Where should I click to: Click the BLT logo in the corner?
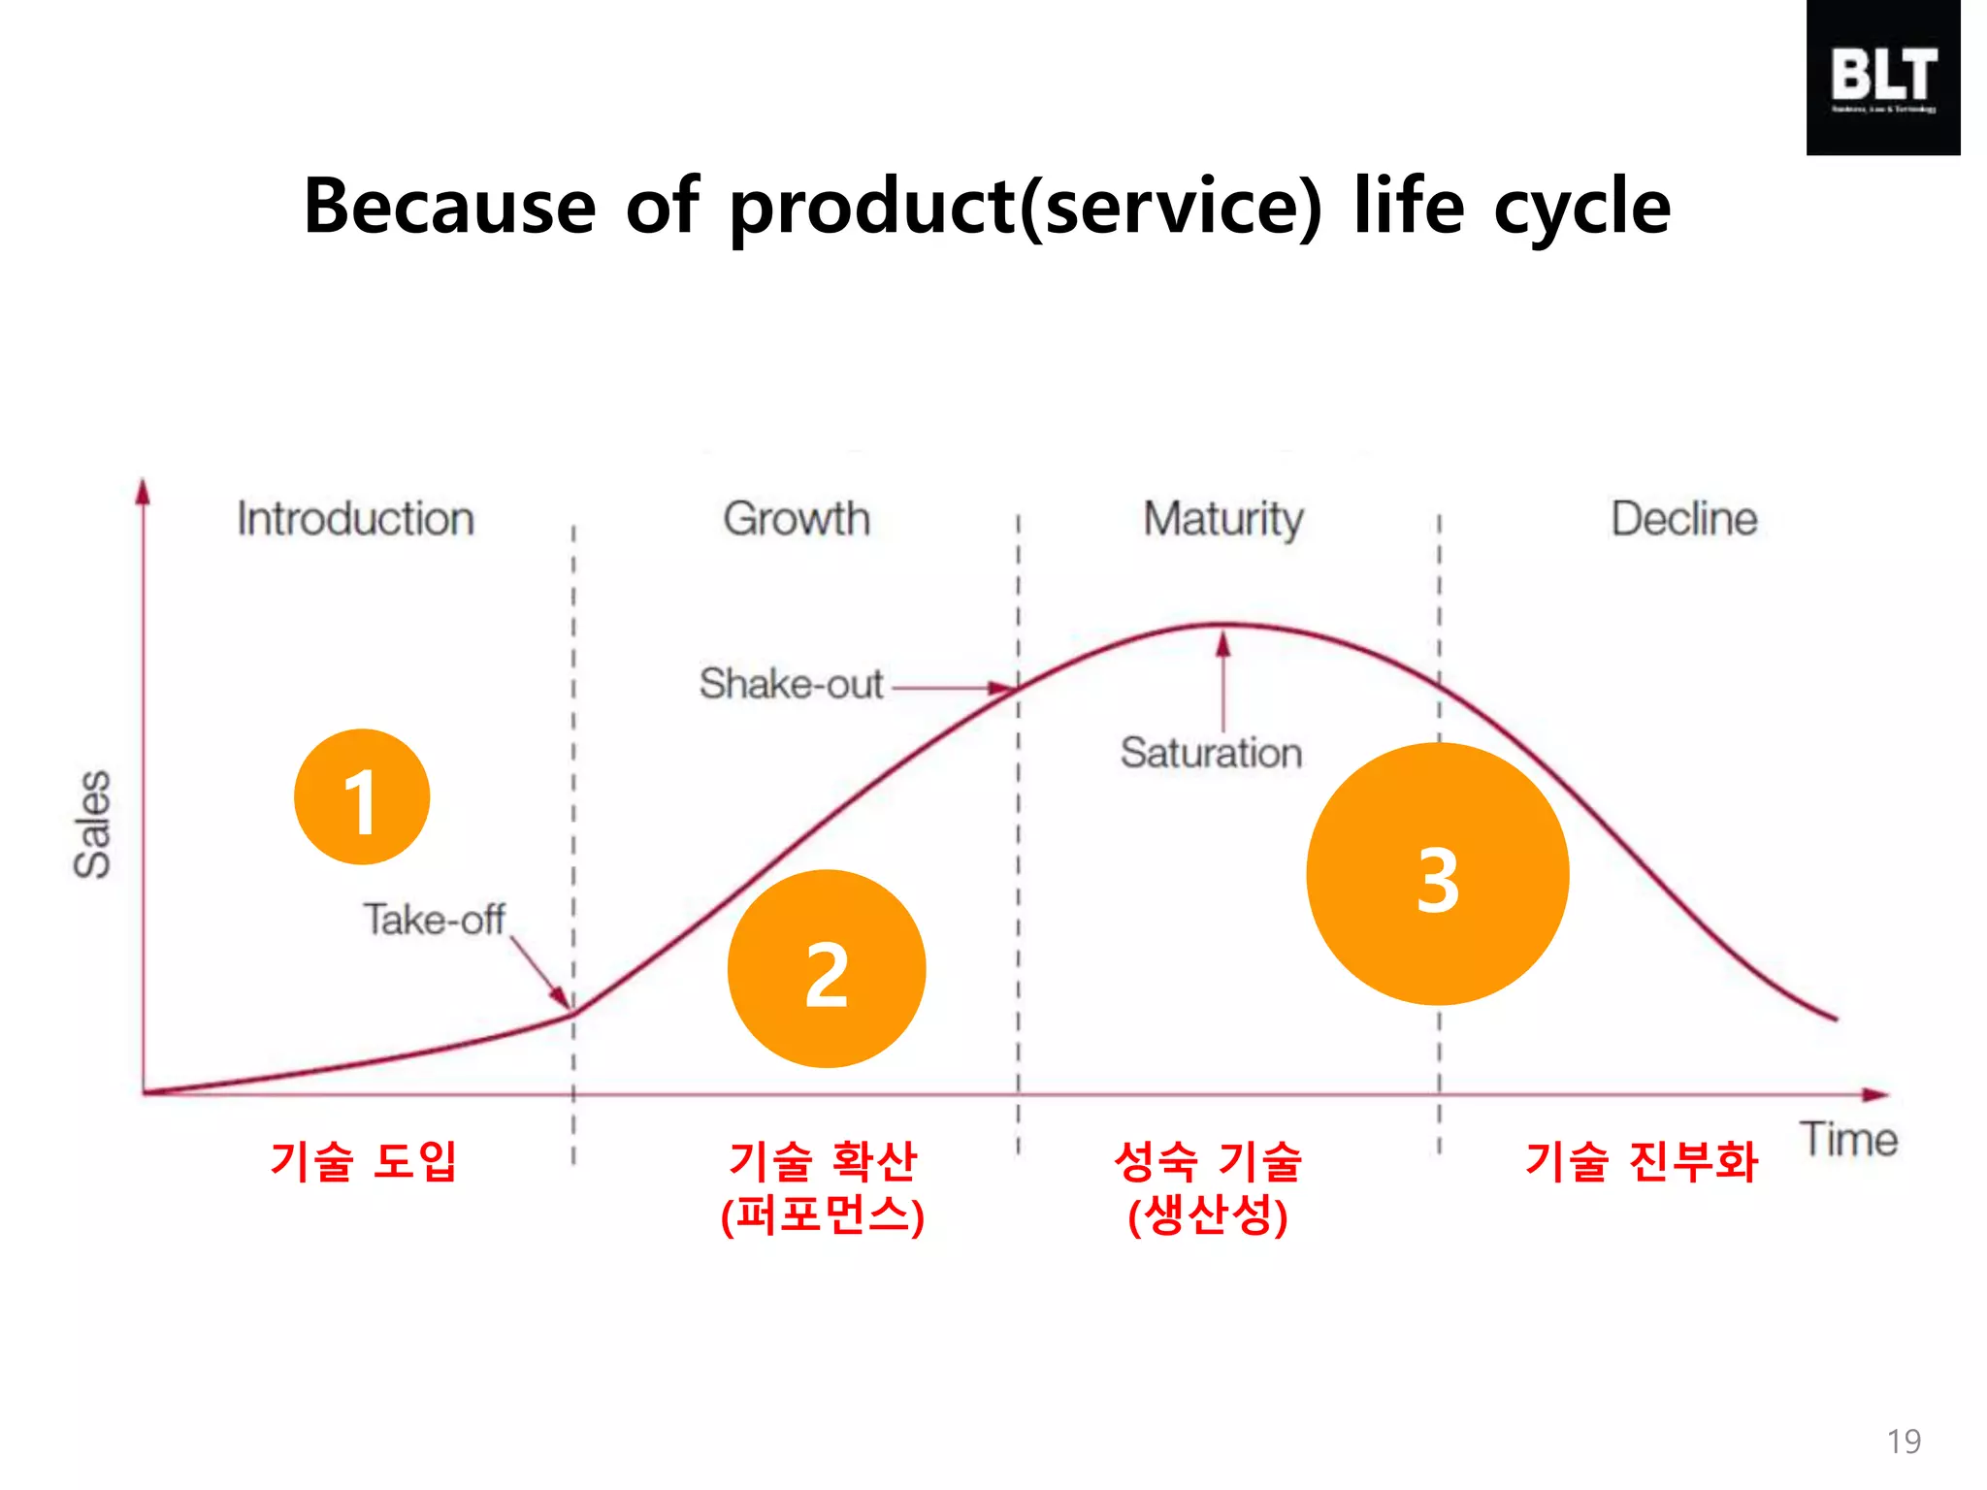point(1882,78)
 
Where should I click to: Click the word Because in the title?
point(449,207)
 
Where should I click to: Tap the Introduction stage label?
point(356,519)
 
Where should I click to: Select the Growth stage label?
point(797,519)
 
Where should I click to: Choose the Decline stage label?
point(1684,519)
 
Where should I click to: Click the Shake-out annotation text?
point(791,685)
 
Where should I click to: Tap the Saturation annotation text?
point(1211,754)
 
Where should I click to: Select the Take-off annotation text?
point(434,920)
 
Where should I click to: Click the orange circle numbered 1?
point(362,796)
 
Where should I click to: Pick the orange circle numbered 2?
point(827,969)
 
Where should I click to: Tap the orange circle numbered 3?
point(1438,874)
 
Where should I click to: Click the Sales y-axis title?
point(93,825)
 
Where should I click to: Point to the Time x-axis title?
point(1848,1140)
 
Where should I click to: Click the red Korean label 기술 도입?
point(363,1161)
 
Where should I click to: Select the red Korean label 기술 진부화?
point(1641,1161)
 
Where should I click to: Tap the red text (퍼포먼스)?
point(823,1215)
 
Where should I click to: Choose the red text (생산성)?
point(1208,1215)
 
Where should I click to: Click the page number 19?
point(1904,1441)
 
